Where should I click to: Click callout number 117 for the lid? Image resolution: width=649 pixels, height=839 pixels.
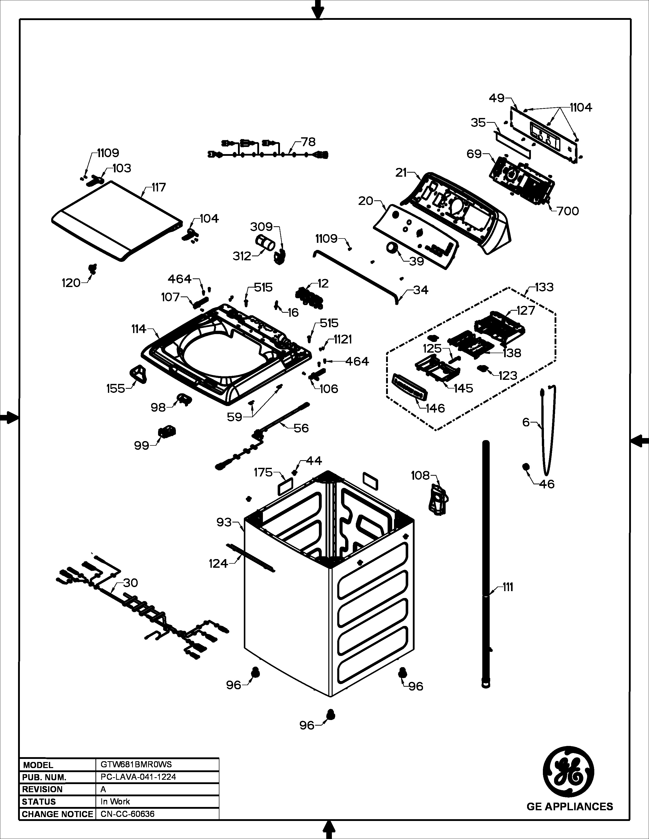[158, 187]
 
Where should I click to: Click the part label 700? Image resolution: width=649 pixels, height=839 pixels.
[568, 211]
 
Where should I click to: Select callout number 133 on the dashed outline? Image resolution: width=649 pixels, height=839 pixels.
[544, 287]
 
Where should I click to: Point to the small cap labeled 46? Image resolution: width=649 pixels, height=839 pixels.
[525, 467]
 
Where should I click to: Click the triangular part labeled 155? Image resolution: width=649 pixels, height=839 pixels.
[137, 373]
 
